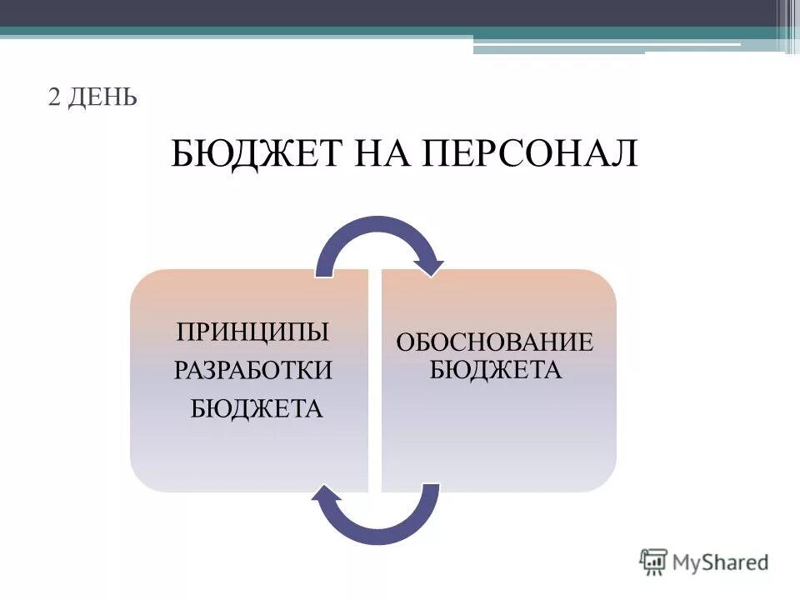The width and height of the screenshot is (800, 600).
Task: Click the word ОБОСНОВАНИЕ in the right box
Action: (495, 342)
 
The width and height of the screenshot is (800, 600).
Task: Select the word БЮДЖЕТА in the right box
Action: (496, 368)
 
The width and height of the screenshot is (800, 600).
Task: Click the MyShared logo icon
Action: (654, 562)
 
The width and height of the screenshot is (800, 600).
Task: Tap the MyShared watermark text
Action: (721, 562)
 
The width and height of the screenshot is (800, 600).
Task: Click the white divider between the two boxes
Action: (375, 380)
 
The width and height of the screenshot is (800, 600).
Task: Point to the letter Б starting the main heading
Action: (182, 153)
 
